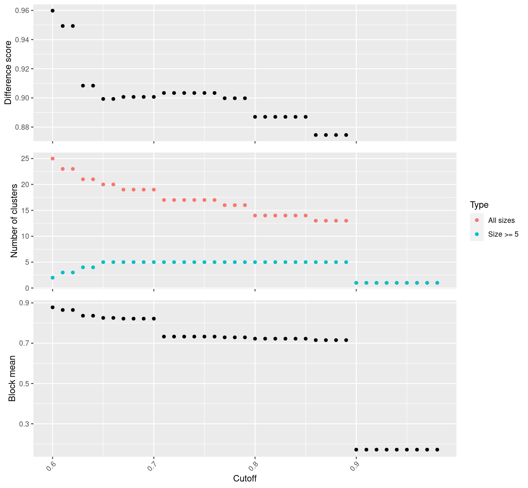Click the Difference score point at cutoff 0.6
(52, 11)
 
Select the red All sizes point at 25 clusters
(52, 159)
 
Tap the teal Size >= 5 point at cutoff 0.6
(52, 278)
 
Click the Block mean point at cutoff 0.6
(52, 307)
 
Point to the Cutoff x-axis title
(245, 478)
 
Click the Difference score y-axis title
(8, 73)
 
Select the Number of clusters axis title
(14, 220)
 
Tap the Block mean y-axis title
(12, 378)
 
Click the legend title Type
(479, 205)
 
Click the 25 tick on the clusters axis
(25, 159)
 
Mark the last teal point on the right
(437, 283)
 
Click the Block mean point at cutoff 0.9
(356, 449)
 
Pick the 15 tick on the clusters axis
(25, 210)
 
